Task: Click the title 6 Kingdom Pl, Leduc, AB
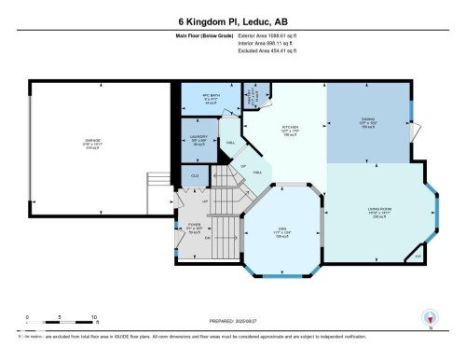click(232, 20)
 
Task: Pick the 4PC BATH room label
click(212, 97)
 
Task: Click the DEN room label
click(281, 233)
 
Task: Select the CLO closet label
click(195, 175)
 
